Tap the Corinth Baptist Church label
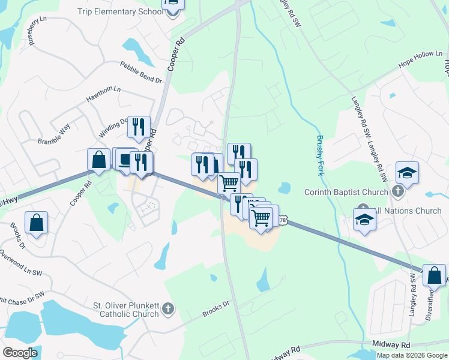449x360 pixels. [x=348, y=192]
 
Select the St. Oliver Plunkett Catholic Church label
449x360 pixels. [x=125, y=309]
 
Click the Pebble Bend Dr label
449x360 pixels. [x=141, y=72]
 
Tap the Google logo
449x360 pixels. [x=20, y=353]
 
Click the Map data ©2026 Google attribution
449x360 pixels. [x=412, y=355]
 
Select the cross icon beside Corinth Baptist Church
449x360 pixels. [x=397, y=191]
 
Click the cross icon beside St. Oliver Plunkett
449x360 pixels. [x=169, y=309]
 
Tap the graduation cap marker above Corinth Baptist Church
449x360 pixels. [x=407, y=173]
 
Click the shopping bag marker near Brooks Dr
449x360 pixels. [x=37, y=223]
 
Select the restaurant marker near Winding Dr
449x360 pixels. [x=139, y=127]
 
